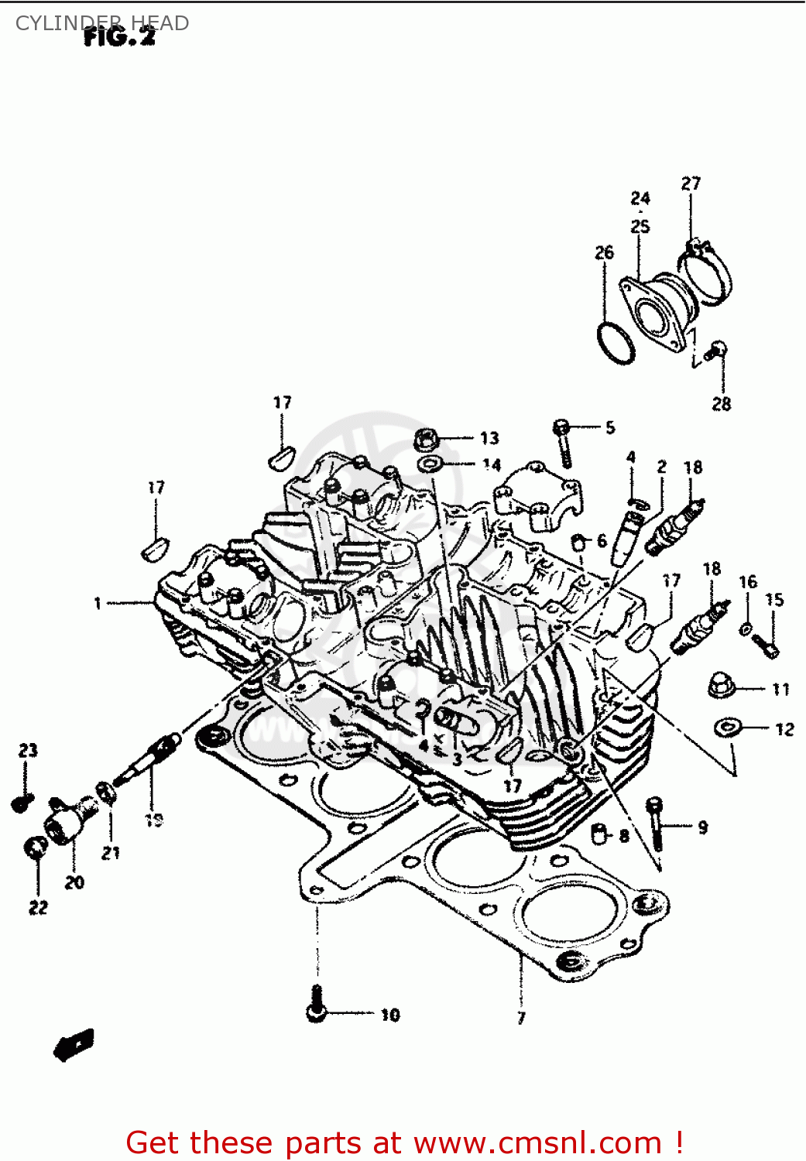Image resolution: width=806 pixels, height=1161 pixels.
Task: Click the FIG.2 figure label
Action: pyautogui.click(x=119, y=36)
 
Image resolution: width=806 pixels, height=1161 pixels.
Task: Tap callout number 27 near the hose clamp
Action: pyautogui.click(x=691, y=183)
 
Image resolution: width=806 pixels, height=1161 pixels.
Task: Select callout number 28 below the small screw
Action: pyautogui.click(x=721, y=403)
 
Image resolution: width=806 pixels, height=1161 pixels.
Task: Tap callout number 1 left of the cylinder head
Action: pyautogui.click(x=98, y=603)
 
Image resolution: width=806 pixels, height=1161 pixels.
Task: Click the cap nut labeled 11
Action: pyautogui.click(x=722, y=685)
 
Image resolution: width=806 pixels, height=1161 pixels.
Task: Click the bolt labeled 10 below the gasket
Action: pyautogui.click(x=315, y=1005)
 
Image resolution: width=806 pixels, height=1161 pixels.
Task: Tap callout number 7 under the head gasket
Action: pyautogui.click(x=521, y=1018)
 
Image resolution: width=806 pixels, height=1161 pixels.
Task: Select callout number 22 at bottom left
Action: pyautogui.click(x=38, y=907)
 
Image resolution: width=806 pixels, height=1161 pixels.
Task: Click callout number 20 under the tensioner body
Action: pyautogui.click(x=74, y=882)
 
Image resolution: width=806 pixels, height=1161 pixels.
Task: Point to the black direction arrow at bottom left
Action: pyautogui.click(x=74, y=1046)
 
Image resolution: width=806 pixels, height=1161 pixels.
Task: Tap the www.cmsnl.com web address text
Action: pyautogui.click(x=537, y=1142)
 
